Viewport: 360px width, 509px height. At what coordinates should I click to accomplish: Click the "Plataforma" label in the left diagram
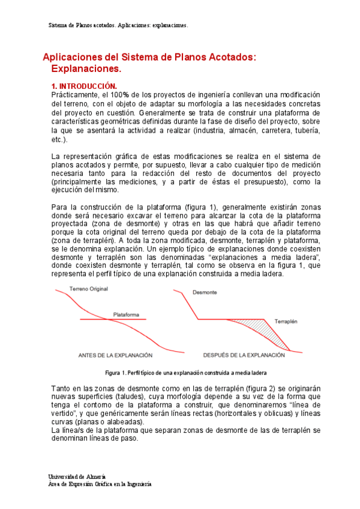click(x=126, y=315)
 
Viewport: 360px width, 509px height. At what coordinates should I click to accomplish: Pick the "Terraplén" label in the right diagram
click(x=287, y=322)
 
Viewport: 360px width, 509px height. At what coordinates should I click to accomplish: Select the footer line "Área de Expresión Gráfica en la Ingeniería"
click(x=100, y=483)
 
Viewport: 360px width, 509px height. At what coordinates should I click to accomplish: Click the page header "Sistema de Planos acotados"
click(x=79, y=26)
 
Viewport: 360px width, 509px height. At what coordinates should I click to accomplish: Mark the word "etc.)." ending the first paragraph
click(x=60, y=139)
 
